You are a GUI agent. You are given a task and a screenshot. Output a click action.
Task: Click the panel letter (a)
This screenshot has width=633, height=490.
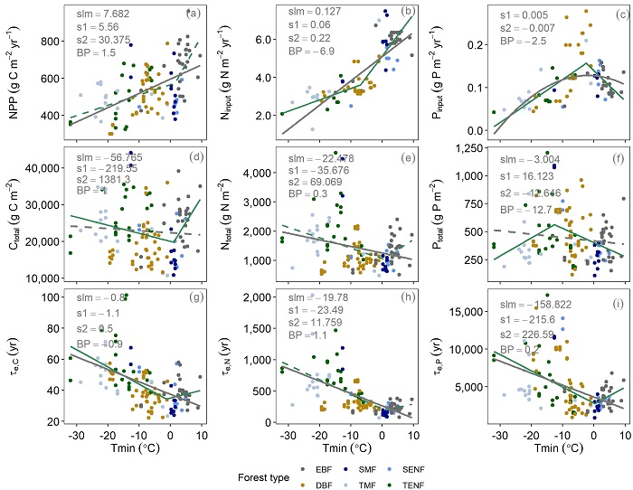click(193, 14)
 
